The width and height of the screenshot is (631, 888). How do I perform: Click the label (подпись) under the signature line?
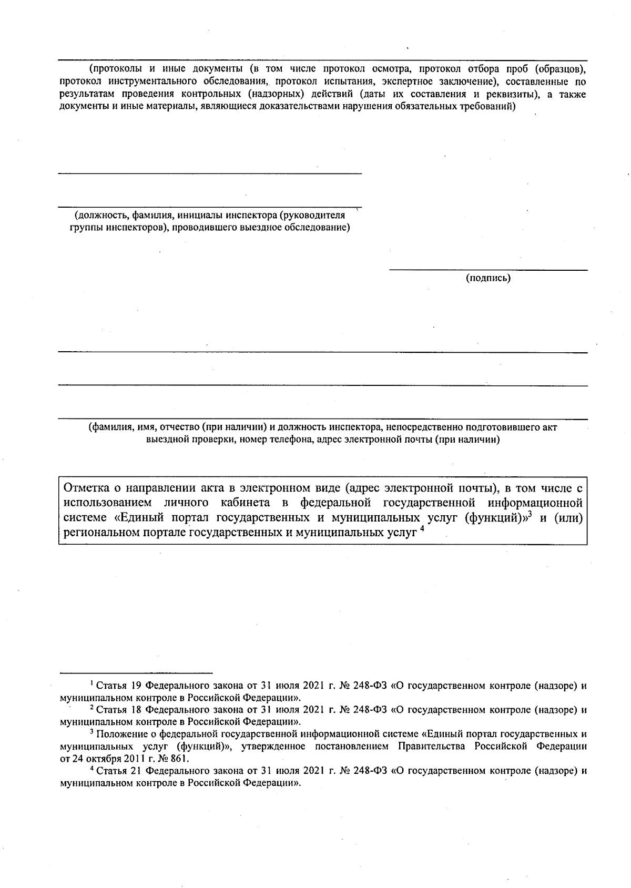[488, 278]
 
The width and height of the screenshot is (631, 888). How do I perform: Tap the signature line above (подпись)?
[488, 270]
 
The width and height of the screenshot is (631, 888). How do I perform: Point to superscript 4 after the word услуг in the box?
[421, 529]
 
